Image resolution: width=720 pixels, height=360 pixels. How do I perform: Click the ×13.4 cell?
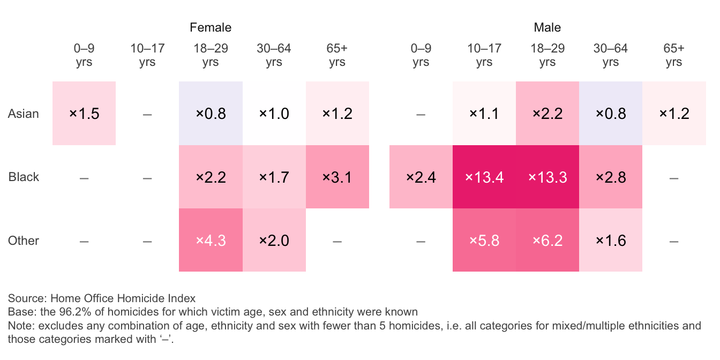(484, 177)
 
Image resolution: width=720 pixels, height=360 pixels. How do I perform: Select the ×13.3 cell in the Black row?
(547, 177)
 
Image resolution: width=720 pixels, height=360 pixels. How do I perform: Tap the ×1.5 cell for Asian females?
(84, 114)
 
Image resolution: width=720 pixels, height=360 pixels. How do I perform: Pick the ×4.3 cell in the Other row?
(211, 241)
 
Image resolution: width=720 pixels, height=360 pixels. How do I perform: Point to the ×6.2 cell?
(547, 241)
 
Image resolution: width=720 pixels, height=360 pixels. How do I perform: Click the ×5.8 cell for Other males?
(484, 241)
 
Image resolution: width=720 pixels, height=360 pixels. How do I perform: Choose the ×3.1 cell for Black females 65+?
(337, 177)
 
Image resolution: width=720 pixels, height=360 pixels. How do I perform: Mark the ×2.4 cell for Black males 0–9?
(421, 177)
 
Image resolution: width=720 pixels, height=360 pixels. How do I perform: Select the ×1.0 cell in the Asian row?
(274, 114)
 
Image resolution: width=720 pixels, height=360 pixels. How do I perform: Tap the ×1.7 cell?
(274, 177)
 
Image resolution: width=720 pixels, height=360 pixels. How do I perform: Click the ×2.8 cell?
(611, 177)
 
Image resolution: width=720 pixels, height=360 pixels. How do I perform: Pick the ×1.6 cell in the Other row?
(611, 241)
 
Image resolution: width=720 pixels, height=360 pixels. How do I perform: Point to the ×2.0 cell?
(274, 241)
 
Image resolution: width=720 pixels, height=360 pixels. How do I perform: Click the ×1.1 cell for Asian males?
(484, 114)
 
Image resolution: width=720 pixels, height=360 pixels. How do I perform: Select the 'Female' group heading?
(211, 27)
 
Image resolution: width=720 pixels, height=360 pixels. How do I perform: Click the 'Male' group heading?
(547, 27)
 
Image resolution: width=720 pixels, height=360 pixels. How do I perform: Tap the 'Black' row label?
(24, 177)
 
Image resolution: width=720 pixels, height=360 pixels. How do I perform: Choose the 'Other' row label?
(24, 241)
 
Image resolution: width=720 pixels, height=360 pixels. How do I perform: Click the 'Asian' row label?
(24, 114)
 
